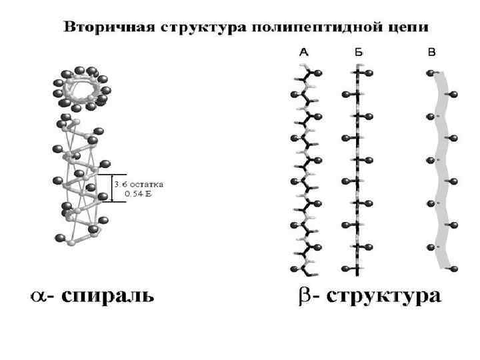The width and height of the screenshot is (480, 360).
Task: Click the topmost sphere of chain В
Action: [431, 73]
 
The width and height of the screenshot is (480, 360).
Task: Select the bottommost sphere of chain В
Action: [454, 269]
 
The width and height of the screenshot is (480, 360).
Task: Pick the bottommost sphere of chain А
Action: [295, 269]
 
